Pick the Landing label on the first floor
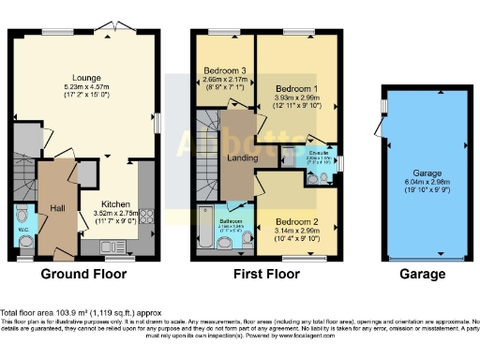[x=242, y=158]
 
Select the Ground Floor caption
[x=85, y=276]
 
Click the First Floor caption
[x=265, y=276]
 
